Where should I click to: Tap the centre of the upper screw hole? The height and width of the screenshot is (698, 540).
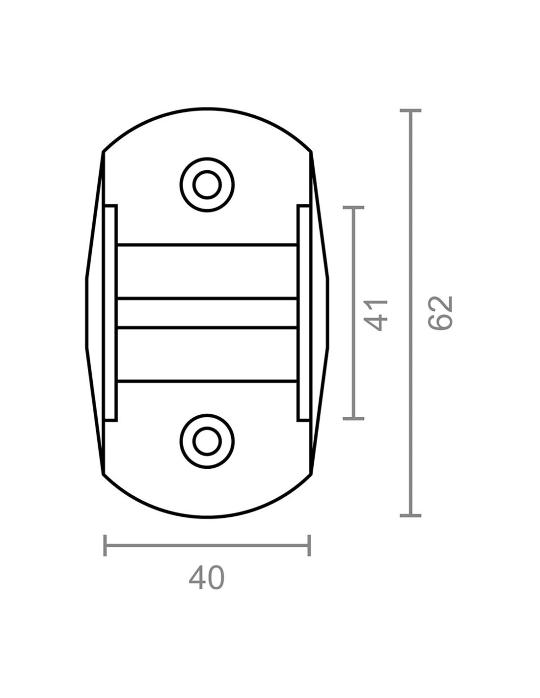click(x=207, y=185)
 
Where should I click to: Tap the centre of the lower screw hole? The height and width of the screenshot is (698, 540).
click(x=207, y=441)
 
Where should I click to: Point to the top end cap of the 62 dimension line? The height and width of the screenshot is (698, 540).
click(x=410, y=110)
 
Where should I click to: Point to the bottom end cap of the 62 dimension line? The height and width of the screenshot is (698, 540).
click(x=410, y=515)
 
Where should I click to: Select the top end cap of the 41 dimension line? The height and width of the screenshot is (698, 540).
click(x=353, y=208)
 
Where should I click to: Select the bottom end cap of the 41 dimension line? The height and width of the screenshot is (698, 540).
click(x=353, y=419)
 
